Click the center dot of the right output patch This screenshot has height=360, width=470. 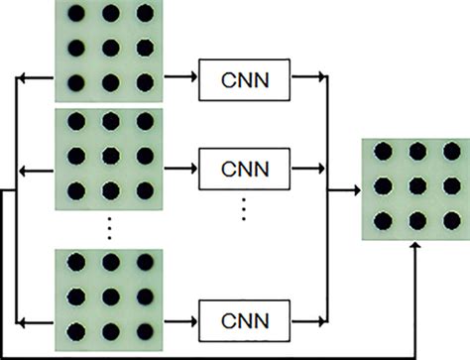coord(414,186)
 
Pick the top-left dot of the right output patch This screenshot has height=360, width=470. coord(382,153)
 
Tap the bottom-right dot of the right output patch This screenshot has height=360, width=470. coord(449,220)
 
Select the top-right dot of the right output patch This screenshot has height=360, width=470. coord(449,153)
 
